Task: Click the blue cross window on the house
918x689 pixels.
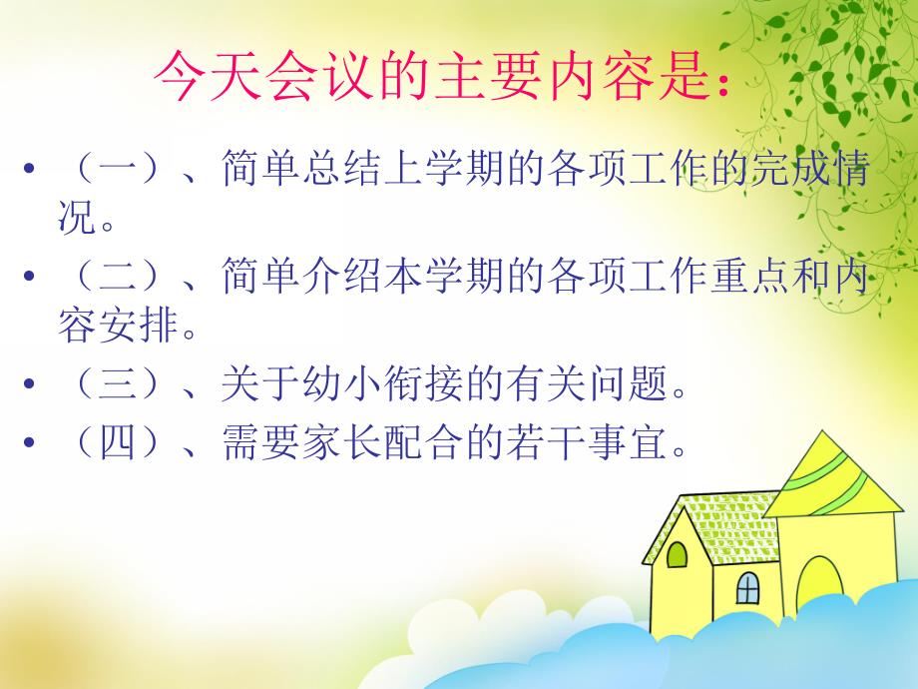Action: click(746, 588)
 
